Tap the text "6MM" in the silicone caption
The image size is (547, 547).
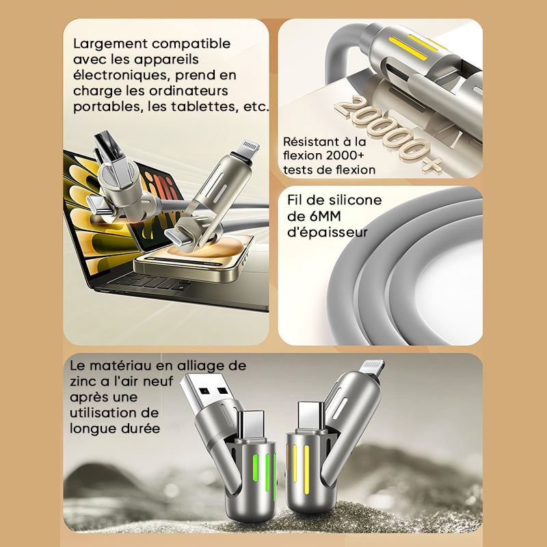[x=324, y=216]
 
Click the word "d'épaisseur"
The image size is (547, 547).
[x=328, y=232]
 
